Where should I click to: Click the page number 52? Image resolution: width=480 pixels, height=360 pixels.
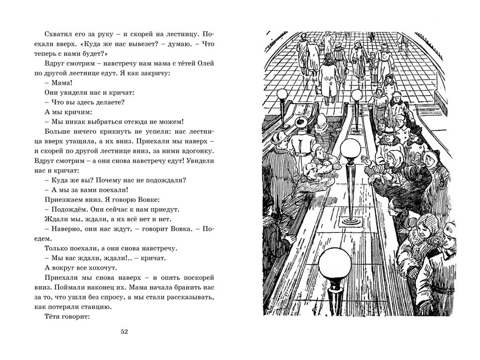click(x=124, y=332)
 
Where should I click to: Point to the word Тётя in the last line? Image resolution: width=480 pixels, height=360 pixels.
click(x=52, y=316)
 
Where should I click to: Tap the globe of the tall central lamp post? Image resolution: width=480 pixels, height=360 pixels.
click(x=349, y=149)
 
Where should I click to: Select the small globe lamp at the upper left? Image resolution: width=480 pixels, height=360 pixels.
click(x=283, y=95)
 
